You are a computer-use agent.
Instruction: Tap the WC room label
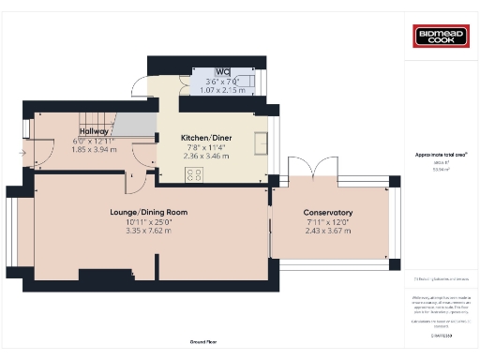(222, 72)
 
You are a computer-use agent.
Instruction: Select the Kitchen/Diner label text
(206, 138)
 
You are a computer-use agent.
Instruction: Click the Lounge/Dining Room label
(149, 213)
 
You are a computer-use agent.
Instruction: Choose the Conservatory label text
(328, 213)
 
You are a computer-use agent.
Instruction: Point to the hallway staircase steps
(95, 120)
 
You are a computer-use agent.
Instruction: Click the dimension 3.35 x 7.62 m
(149, 230)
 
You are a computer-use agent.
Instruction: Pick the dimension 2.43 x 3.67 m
(328, 230)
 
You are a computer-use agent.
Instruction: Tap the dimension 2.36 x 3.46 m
(205, 155)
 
